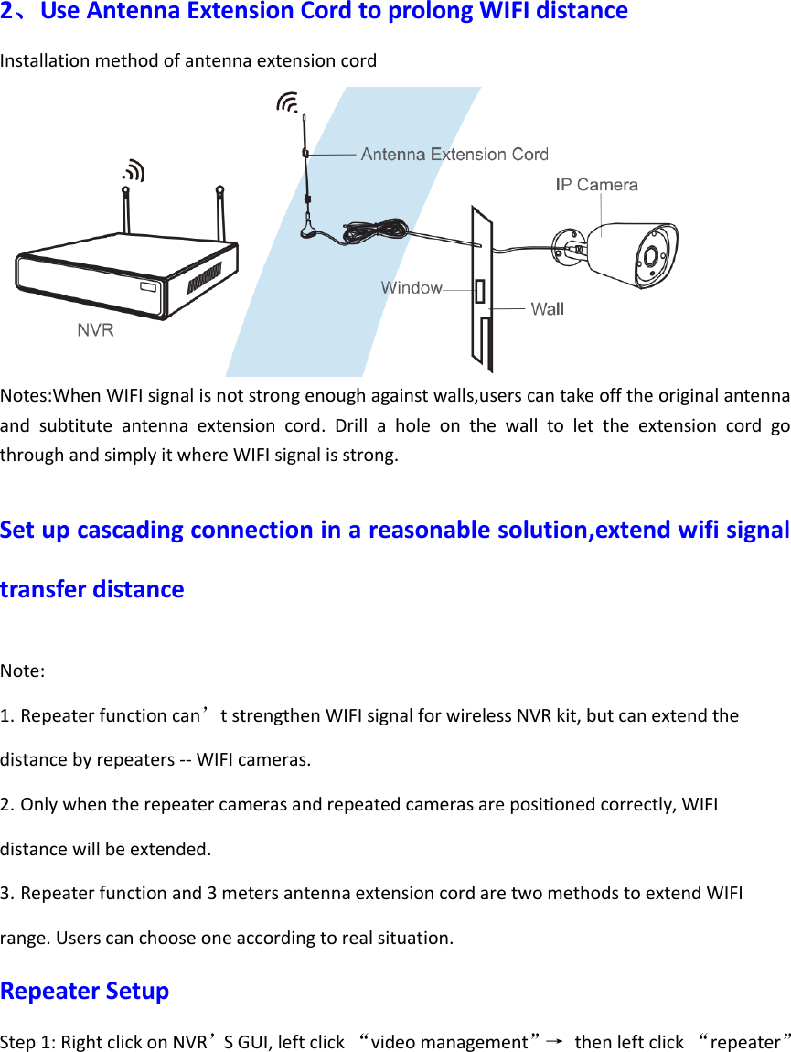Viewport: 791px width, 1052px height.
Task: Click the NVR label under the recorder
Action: pos(95,330)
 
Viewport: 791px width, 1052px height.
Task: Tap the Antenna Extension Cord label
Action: pos(454,155)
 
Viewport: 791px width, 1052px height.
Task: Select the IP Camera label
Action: pos(597,185)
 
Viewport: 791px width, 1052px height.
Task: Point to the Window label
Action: pos(412,288)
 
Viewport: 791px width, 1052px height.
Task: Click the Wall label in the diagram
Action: pos(547,309)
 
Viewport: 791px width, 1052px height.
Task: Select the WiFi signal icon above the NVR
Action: pos(134,170)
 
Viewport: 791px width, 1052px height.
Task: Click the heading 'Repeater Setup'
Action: pos(85,991)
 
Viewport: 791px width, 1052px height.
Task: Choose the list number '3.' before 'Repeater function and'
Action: pos(7,893)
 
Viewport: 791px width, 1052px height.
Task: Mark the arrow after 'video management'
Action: pos(552,1041)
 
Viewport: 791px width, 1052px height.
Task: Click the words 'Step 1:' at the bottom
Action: pos(25,1042)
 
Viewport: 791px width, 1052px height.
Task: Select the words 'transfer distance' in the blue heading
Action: pos(92,589)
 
